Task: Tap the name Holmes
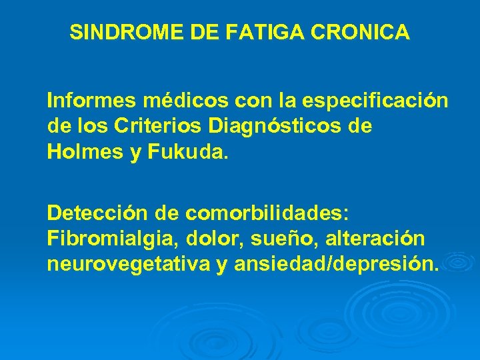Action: [x=83, y=153]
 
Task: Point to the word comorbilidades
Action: [x=267, y=213]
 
